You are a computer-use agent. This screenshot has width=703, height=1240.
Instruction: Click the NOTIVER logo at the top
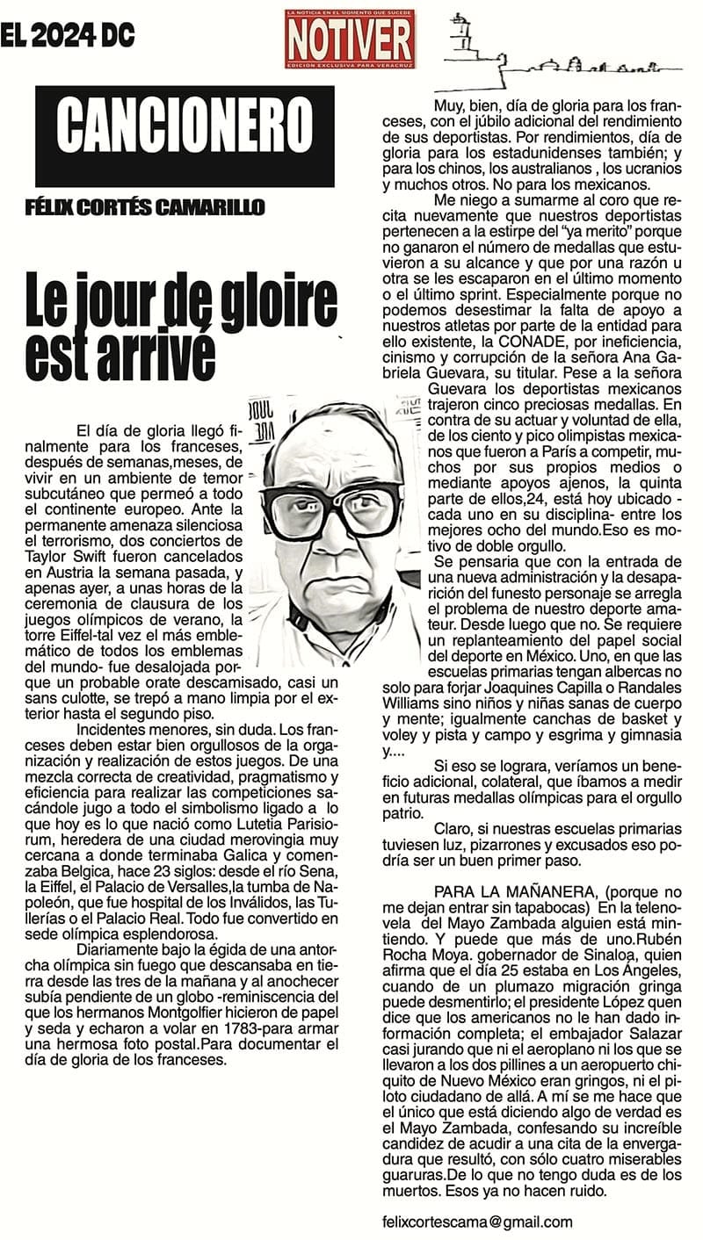click(x=349, y=40)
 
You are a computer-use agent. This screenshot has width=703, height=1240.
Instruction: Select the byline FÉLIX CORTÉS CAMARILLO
click(x=146, y=207)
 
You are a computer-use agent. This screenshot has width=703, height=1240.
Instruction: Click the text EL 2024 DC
click(x=68, y=35)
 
